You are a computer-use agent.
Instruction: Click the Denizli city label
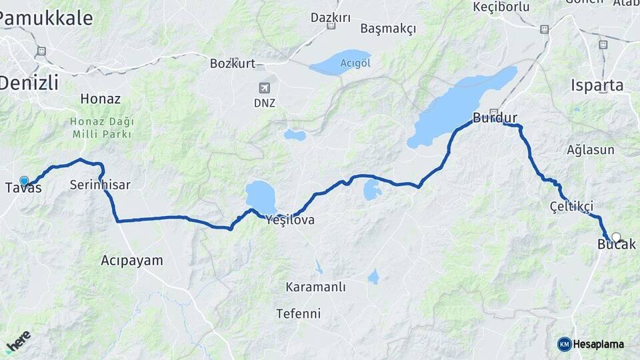pos(29,83)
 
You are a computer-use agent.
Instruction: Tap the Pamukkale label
pos(45,18)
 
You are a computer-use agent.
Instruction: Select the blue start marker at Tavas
pos(25,181)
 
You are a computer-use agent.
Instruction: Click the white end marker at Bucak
pos(616,237)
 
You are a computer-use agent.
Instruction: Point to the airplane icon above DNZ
pos(265,88)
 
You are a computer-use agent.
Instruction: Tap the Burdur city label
pos(495,118)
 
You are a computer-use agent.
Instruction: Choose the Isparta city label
pos(597,85)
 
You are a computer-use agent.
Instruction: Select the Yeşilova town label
pos(289,219)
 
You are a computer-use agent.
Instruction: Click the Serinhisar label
pos(100,185)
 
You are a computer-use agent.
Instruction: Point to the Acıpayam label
pos(132,260)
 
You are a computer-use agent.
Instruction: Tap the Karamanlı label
pos(315,287)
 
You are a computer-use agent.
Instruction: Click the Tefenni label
pos(298,313)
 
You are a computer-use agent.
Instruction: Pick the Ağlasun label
pos(590,149)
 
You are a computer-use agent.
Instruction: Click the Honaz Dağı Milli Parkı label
pos(102,128)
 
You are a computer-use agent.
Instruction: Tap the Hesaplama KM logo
pos(591,344)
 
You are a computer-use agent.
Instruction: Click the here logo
pos(18,341)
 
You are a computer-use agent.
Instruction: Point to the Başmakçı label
pos(388,29)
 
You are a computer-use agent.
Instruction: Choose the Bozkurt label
pos(233,63)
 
